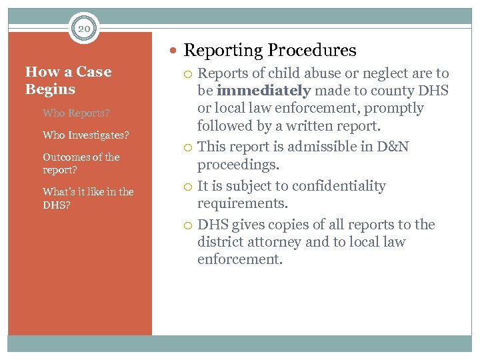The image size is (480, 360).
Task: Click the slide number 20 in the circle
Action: [84, 28]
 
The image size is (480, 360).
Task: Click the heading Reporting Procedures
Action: [270, 50]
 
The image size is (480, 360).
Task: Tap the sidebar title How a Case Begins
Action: [68, 81]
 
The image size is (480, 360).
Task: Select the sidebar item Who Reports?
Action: [76, 113]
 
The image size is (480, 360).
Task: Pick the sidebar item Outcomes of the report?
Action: [81, 163]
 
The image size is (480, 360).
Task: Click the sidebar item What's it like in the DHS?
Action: [88, 198]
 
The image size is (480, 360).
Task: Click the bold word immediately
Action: [263, 91]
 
